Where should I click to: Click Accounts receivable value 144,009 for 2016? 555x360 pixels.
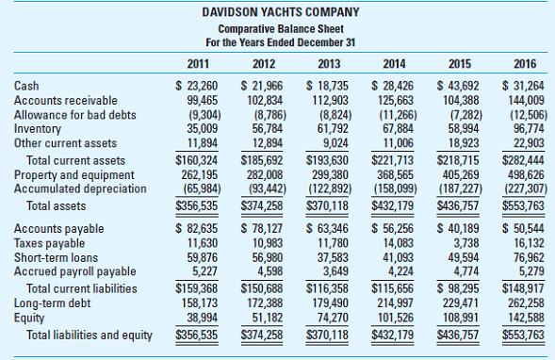(526, 100)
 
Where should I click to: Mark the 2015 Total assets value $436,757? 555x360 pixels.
(460, 205)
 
